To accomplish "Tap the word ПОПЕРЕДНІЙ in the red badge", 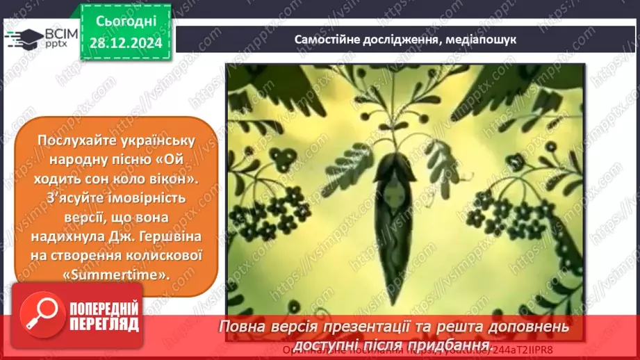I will coord(102,309).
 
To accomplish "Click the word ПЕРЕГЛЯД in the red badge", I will coord(102,325).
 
